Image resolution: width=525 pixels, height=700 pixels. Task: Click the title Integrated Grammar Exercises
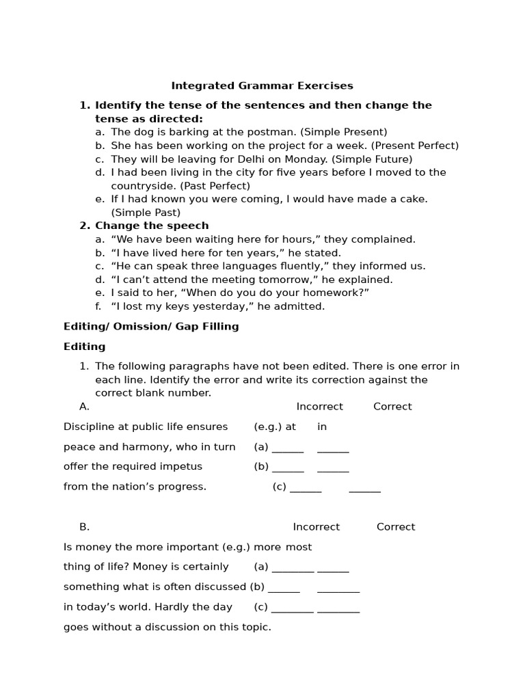(262, 86)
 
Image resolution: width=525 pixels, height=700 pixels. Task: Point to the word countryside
(141, 186)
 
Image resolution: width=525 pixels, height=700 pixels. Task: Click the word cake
(414, 199)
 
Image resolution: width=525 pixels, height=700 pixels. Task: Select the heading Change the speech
(152, 226)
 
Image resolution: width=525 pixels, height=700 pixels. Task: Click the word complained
(385, 239)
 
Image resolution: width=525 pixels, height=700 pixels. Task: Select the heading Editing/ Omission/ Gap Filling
(151, 327)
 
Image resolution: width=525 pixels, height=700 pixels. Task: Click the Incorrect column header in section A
(319, 407)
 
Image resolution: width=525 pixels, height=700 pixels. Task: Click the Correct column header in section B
(396, 527)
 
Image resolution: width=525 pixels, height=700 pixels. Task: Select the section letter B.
(84, 527)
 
